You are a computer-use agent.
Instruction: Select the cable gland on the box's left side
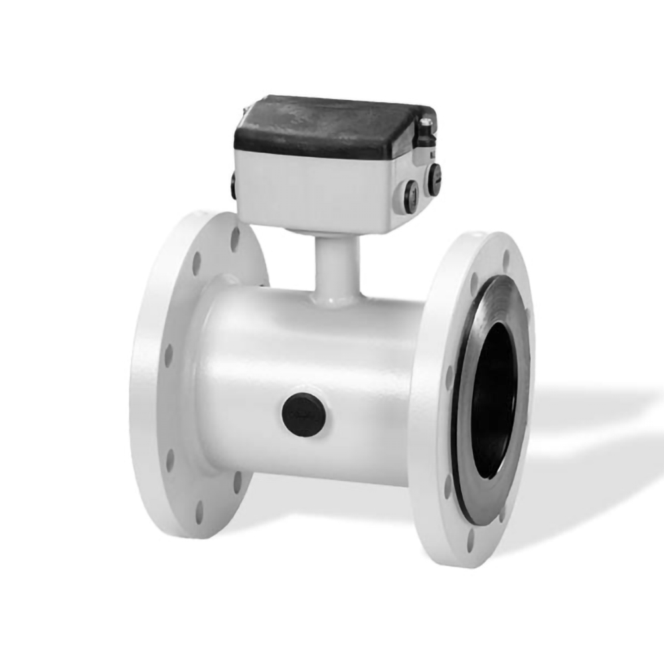coord(234,187)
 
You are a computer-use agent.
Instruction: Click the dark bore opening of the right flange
coord(494,392)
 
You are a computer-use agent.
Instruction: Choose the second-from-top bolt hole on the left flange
coord(197,263)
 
